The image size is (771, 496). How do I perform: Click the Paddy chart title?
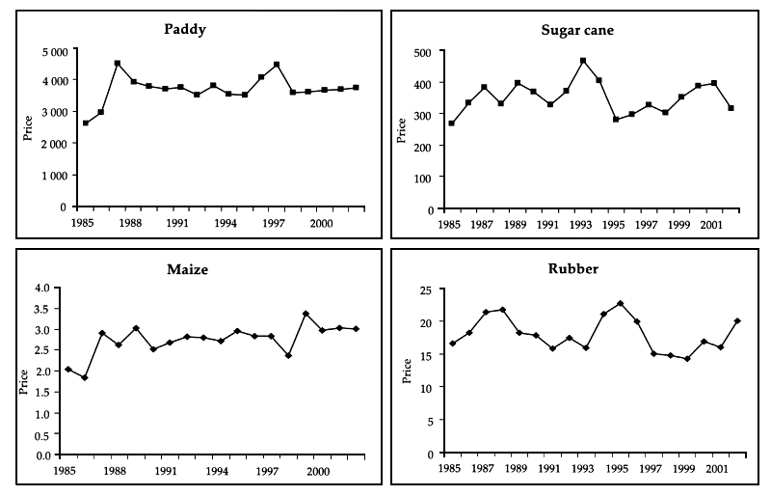(x=184, y=29)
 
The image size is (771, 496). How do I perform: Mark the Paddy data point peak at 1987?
(x=117, y=64)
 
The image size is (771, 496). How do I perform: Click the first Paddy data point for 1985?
(x=86, y=124)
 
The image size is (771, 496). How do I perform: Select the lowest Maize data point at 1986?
(x=84, y=378)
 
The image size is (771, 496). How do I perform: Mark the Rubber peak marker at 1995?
(x=620, y=304)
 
